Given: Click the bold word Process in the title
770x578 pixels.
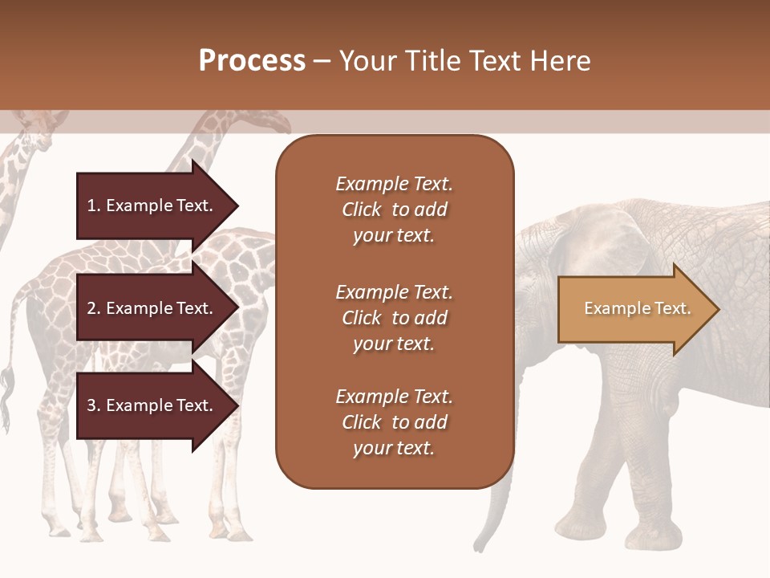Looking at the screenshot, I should [x=252, y=61].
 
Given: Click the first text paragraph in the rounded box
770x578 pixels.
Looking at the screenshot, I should [x=394, y=210].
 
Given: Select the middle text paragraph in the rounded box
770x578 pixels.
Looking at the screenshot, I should [x=394, y=318].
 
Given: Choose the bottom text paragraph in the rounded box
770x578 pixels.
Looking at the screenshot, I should [x=394, y=422].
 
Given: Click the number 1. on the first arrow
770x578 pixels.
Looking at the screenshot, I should [x=93, y=206].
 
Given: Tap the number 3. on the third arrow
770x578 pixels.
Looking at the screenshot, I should [x=93, y=406].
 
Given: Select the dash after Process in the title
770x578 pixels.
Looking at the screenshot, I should [x=322, y=61].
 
